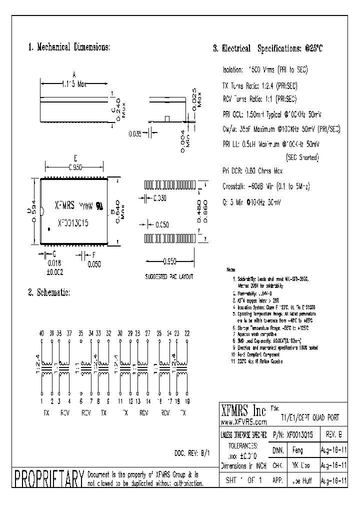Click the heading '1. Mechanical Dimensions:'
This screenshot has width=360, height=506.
[68, 47]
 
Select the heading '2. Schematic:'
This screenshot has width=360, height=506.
[49, 292]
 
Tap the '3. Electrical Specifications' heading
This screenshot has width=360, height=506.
[268, 49]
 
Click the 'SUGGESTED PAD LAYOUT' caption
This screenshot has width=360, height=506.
[169, 276]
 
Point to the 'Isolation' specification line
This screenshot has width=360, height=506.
[265, 70]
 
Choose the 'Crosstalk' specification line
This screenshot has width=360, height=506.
[266, 186]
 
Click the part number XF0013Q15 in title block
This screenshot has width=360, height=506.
[300, 436]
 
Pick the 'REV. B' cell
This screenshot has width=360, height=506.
[334, 436]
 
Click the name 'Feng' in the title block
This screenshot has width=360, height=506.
[297, 450]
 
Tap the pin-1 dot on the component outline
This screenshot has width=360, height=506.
[49, 229]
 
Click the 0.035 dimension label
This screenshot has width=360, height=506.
[135, 133]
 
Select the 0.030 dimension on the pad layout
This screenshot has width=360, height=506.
[160, 198]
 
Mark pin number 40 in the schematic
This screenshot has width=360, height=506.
[41, 333]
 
